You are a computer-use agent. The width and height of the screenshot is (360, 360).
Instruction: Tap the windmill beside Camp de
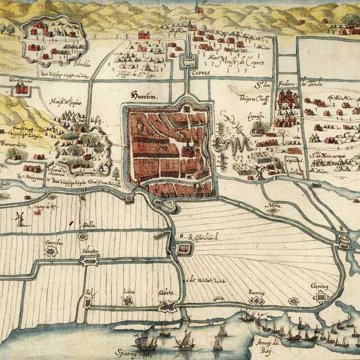pyautogui.click(x=21, y=218)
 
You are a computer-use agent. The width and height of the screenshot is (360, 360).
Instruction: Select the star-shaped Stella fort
pyautogui.click(x=82, y=237)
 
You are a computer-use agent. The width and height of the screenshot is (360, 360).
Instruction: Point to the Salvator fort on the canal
pyautogui.click(x=89, y=261)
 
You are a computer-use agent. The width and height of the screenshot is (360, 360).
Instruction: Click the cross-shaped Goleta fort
pyautogui.click(x=168, y=307)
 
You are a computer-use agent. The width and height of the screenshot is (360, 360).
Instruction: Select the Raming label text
pyautogui.click(x=256, y=292)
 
